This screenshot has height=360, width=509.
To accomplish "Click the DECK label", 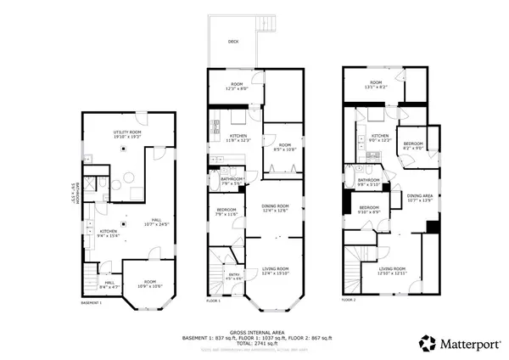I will coord(233,41).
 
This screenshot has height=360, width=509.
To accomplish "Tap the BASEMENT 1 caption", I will coord(91,302).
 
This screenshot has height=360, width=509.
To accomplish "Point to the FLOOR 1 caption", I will coord(213,301).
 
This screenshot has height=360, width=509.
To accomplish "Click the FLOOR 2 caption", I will coord(349,300).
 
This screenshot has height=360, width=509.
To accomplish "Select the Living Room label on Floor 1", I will coord(277,271).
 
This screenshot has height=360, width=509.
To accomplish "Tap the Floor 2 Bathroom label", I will coord(368,181).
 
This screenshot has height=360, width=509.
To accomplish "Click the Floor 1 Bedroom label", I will coord(225,211).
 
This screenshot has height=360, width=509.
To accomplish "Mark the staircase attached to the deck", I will coord(269,25).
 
